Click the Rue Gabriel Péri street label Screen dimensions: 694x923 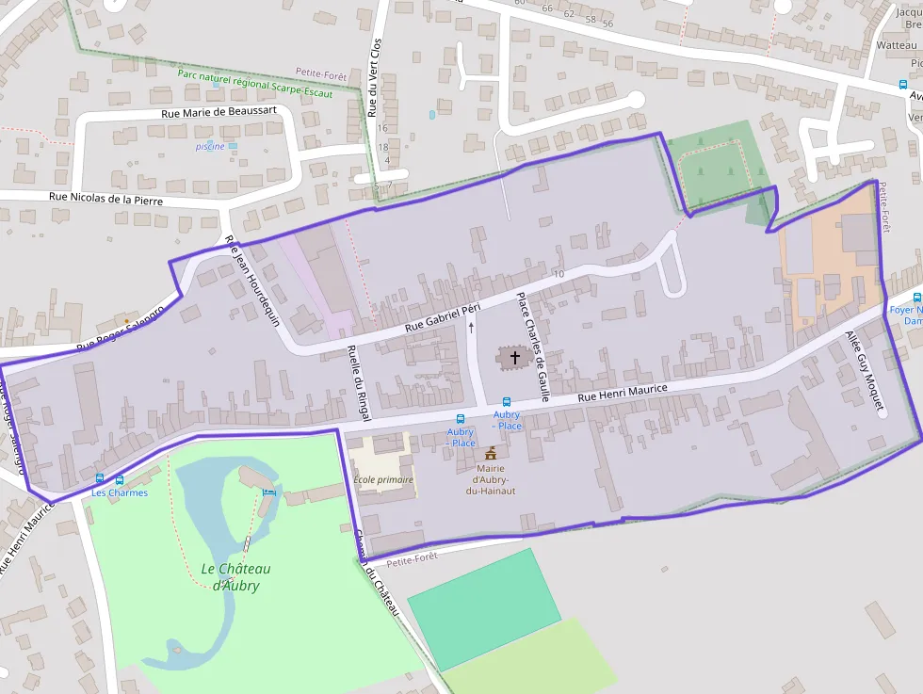[x=443, y=317]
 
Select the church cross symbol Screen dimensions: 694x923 [x=514, y=357]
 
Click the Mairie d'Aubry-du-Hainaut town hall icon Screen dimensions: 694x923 [x=490, y=454]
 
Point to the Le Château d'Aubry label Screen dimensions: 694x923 [x=235, y=576]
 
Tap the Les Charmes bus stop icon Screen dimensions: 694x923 [x=100, y=479]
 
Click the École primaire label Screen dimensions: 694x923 [x=383, y=479]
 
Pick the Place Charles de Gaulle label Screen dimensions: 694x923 [x=532, y=347]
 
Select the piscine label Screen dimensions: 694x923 [x=210, y=147]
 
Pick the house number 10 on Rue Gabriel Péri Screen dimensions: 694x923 [x=559, y=274]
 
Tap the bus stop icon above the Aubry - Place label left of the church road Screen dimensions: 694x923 [x=461, y=419]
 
